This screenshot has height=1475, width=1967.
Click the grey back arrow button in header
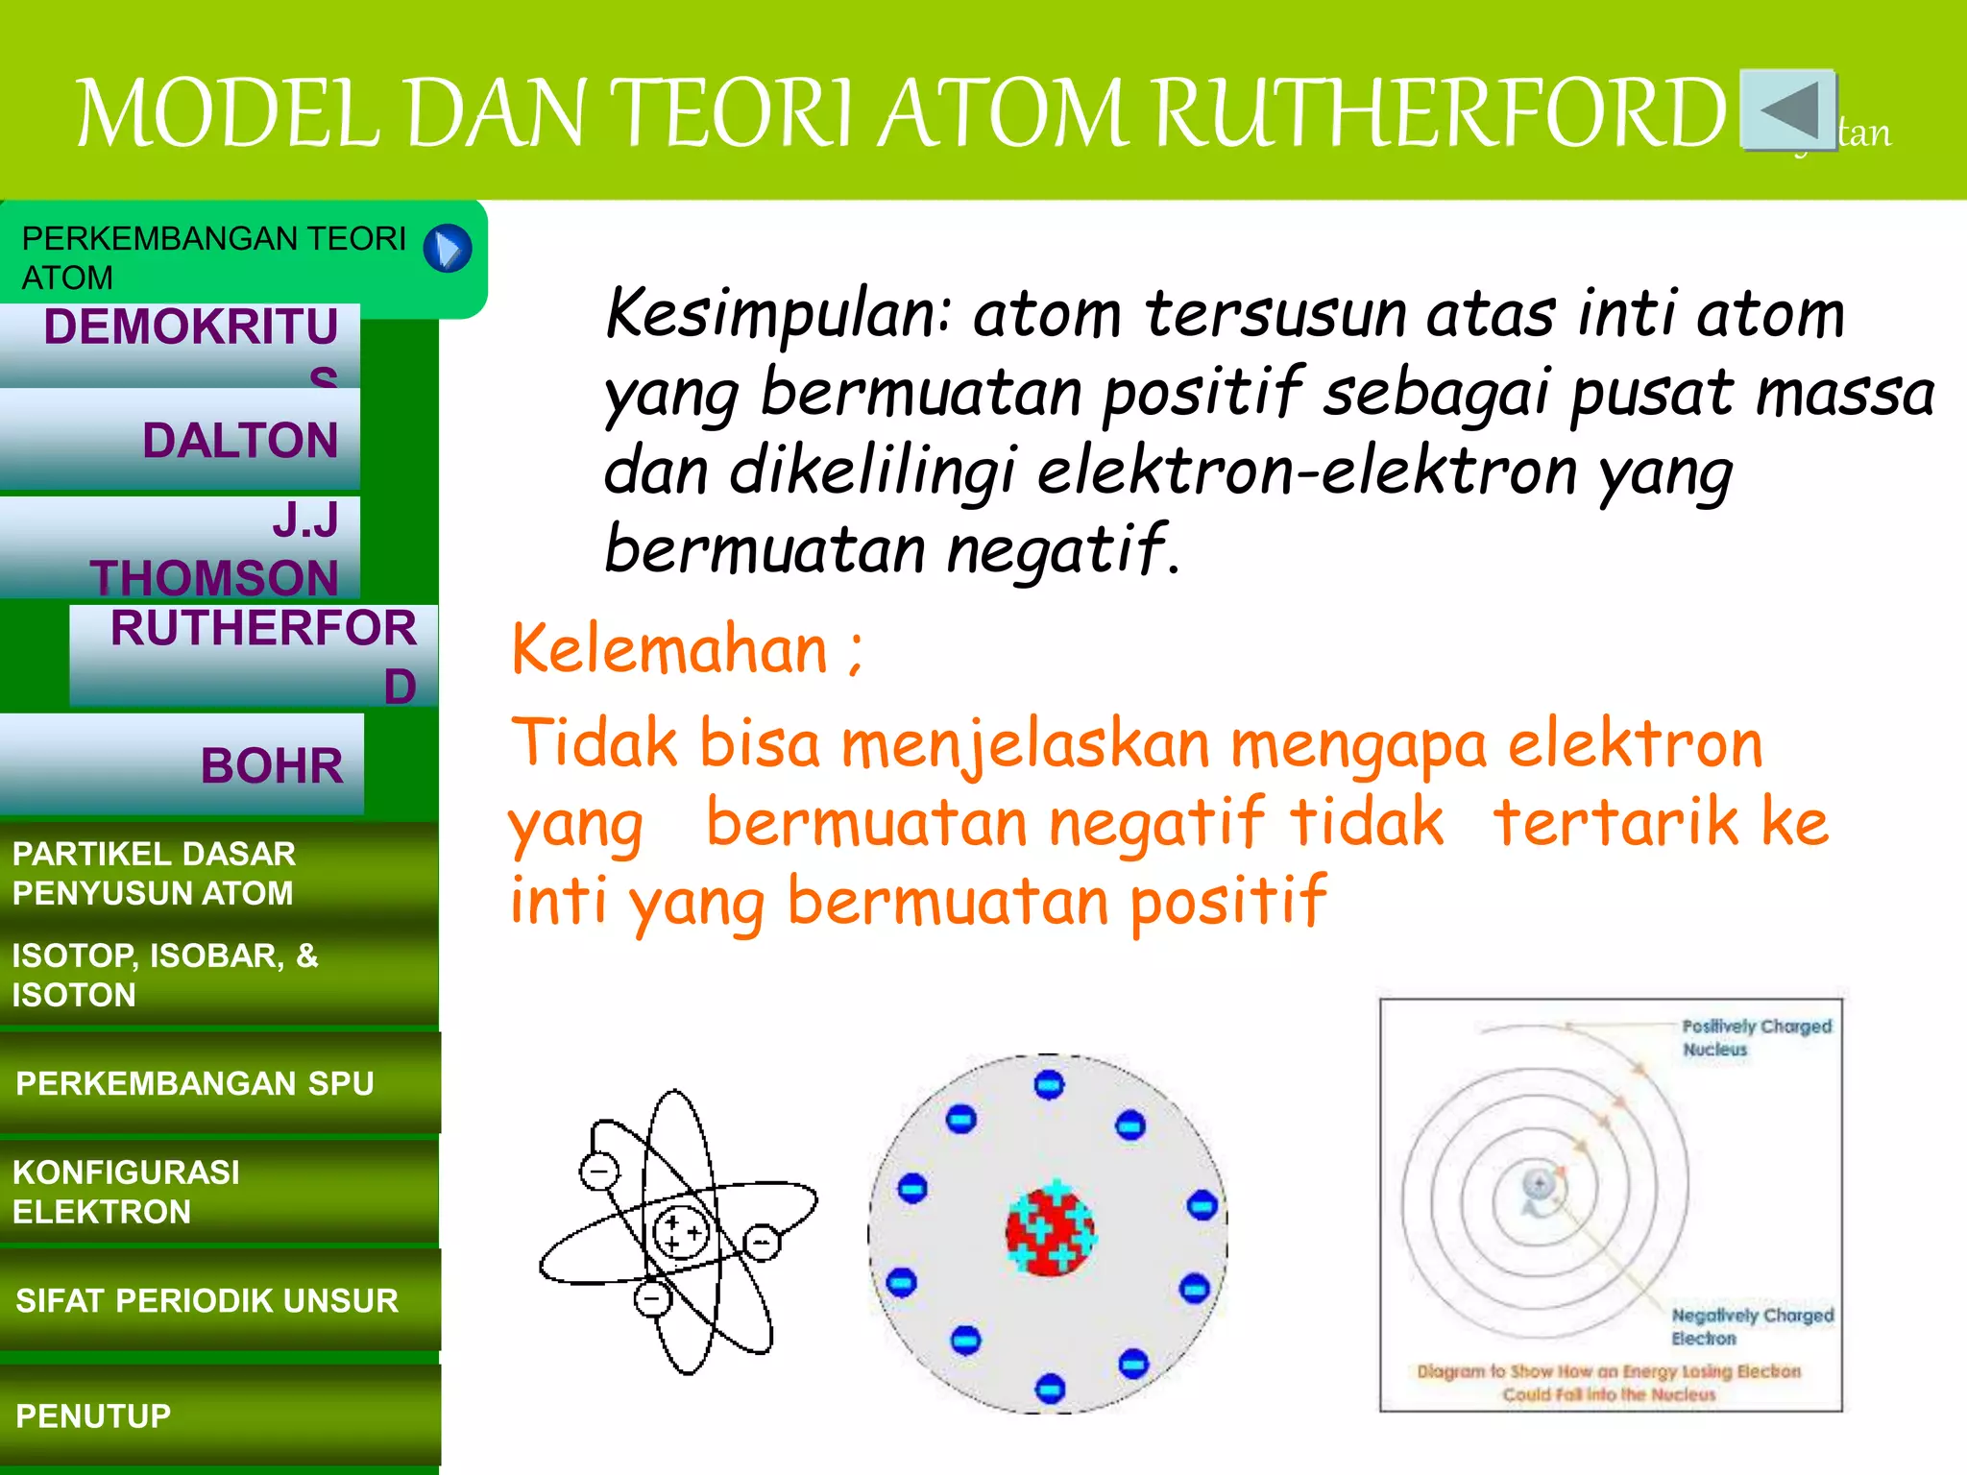point(1788,109)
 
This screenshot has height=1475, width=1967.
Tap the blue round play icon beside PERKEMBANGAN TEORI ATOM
point(448,249)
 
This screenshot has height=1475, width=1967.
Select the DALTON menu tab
point(181,440)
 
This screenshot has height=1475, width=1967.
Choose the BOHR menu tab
point(182,764)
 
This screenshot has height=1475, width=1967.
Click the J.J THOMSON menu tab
point(181,548)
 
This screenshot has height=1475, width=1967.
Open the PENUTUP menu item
point(219,1415)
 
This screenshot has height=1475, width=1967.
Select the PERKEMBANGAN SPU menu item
point(219,1082)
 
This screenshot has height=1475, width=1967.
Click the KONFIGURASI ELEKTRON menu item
point(219,1191)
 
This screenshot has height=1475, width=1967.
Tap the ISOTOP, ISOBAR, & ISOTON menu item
point(219,974)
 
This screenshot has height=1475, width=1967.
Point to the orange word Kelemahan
point(669,650)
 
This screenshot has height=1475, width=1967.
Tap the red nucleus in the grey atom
point(1050,1231)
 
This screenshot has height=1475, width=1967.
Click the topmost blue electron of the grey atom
point(1049,1085)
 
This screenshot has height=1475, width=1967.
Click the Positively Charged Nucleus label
point(1756,1037)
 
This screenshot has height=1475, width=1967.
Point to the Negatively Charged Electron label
point(1752,1326)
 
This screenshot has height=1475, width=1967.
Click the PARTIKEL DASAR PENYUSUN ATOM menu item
point(219,872)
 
